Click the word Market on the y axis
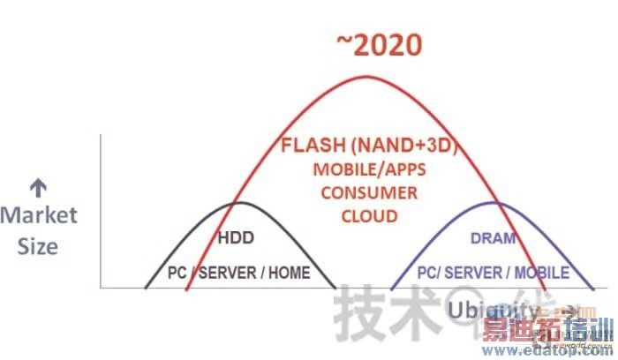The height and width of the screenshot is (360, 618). click(39, 214)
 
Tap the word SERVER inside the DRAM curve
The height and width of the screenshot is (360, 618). click(482, 273)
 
